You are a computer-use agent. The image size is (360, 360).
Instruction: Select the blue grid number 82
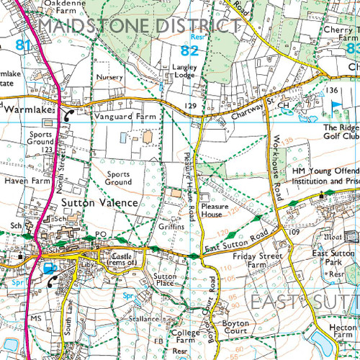[189, 50]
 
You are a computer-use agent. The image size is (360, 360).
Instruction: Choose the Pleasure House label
[215, 210]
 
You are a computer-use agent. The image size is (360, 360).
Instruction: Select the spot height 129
[190, 106]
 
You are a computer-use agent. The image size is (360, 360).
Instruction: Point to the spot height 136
[330, 90]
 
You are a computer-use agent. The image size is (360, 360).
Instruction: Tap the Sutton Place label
[166, 280]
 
